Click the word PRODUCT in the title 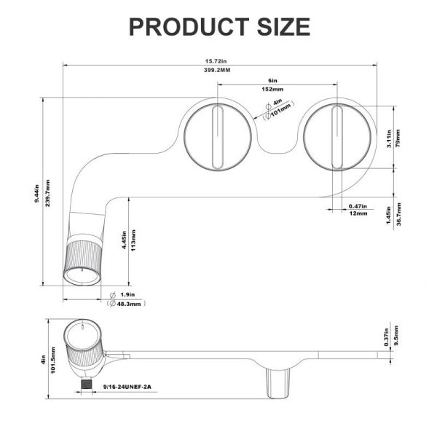(x=189, y=27)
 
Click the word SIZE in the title (x=283, y=27)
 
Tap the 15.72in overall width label (x=216, y=61)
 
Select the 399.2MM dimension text (x=217, y=70)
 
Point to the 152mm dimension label (x=272, y=89)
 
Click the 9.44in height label (x=37, y=194)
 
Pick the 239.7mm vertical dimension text (x=47, y=193)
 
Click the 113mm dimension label (x=133, y=240)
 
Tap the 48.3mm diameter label (x=128, y=304)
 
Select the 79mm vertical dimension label (x=398, y=138)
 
